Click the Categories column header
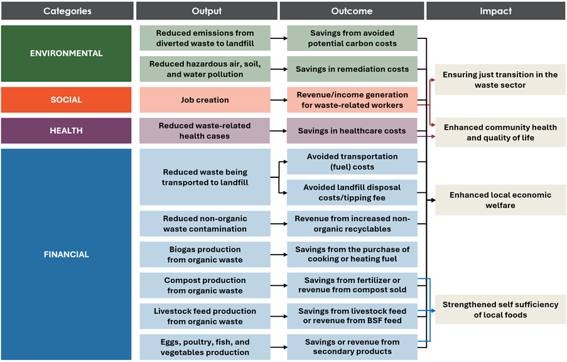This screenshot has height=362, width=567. (x=67, y=11)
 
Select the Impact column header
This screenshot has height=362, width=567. (x=496, y=11)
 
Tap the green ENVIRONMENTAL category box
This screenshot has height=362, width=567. (x=66, y=53)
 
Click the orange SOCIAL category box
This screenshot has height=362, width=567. (x=66, y=100)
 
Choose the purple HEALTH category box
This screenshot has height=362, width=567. (x=66, y=131)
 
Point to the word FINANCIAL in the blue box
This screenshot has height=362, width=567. (x=66, y=255)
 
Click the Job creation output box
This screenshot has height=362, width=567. (x=205, y=100)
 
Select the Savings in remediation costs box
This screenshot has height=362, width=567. (x=352, y=69)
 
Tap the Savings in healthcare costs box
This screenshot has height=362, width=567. (x=352, y=131)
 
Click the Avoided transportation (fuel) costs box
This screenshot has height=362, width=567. (x=352, y=162)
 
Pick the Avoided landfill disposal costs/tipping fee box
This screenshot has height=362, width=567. (x=352, y=192)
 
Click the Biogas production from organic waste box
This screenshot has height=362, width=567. (x=205, y=255)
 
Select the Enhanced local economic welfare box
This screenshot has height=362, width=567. (x=500, y=200)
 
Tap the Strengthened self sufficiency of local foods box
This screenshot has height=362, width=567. (x=500, y=309)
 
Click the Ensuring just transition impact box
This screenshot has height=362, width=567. (x=500, y=80)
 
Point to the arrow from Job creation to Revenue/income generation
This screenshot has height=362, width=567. (x=279, y=100)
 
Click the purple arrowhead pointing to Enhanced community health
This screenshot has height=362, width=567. (x=433, y=136)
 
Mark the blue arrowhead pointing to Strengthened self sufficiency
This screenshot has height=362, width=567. (x=433, y=310)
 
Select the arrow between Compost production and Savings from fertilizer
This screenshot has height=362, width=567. (x=279, y=285)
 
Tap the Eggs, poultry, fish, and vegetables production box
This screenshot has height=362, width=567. (x=205, y=347)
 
